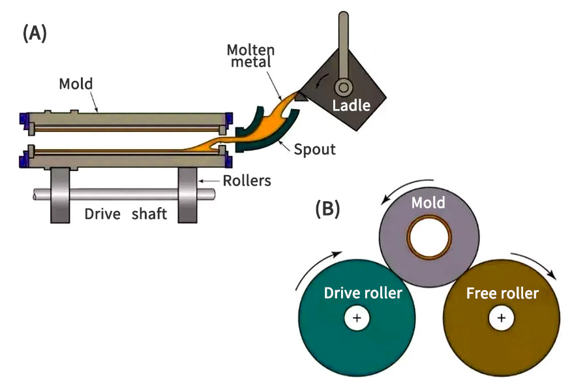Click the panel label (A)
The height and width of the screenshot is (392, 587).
click(x=35, y=34)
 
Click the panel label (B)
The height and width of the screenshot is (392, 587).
click(x=327, y=209)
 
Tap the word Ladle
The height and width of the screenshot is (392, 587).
click(x=351, y=105)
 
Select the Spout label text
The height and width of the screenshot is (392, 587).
click(x=314, y=150)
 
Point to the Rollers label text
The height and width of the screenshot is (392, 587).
click(x=246, y=181)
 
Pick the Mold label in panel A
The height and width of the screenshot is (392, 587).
click(x=76, y=84)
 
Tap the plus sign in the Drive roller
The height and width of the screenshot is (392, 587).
click(x=356, y=318)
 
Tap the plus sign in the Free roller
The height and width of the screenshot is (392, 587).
click(x=501, y=318)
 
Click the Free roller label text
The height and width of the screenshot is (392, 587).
click(x=502, y=293)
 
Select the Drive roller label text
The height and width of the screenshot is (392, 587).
click(x=363, y=293)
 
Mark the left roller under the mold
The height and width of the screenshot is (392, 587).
click(x=59, y=194)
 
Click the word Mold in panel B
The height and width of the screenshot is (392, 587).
click(x=428, y=203)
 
